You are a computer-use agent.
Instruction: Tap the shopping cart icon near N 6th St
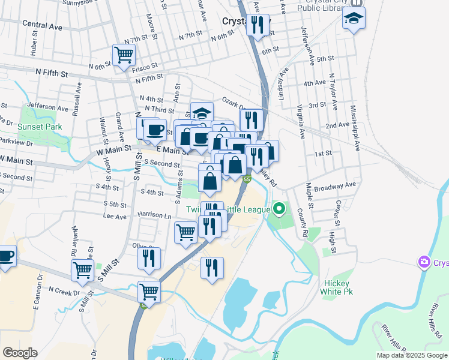124,55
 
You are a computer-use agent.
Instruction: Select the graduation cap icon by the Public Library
354,18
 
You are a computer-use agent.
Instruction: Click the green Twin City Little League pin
279,209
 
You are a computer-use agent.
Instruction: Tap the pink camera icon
424,262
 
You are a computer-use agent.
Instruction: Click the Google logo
20,353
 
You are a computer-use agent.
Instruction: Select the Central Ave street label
42,27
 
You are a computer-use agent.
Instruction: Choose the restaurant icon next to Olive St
149,258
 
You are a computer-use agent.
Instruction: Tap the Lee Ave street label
115,215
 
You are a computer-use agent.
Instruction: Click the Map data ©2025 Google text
412,355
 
